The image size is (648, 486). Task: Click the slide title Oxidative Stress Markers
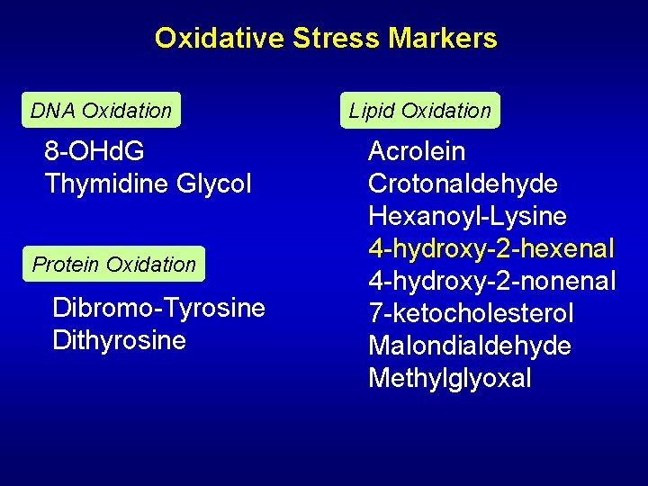pyautogui.click(x=325, y=38)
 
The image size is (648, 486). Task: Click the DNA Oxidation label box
pyautogui.click(x=101, y=111)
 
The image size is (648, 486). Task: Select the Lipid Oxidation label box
pyautogui.click(x=419, y=111)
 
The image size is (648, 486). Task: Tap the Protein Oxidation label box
pyautogui.click(x=114, y=265)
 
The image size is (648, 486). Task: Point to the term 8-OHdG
pyautogui.click(x=94, y=151)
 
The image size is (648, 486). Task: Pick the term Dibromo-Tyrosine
pyautogui.click(x=159, y=308)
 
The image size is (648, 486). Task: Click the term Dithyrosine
pyautogui.click(x=120, y=340)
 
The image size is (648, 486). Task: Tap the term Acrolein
pyautogui.click(x=417, y=151)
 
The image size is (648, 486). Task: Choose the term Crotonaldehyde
pyautogui.click(x=463, y=184)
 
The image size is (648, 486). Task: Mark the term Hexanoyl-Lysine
pyautogui.click(x=467, y=216)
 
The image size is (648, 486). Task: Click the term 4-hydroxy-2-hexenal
pyautogui.click(x=491, y=248)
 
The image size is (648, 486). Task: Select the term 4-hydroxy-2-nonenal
pyautogui.click(x=492, y=281)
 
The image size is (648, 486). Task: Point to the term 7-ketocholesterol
pyautogui.click(x=471, y=313)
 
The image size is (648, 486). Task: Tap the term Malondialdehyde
pyautogui.click(x=470, y=346)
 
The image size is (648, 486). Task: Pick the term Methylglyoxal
pyautogui.click(x=450, y=378)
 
